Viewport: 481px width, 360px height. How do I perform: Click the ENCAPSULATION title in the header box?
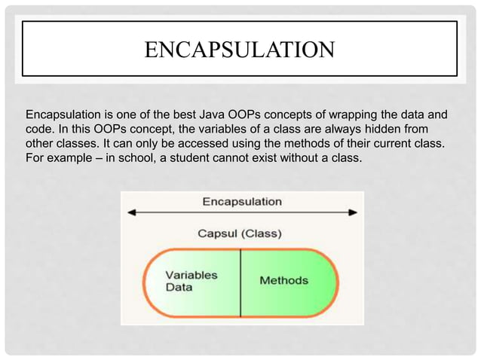coord(240,50)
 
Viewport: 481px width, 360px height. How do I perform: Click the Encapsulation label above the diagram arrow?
coord(241,201)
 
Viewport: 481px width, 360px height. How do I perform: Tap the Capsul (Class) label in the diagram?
coord(240,233)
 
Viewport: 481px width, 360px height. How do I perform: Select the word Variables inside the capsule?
coord(191,275)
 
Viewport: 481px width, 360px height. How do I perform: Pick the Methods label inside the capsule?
coord(283,280)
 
